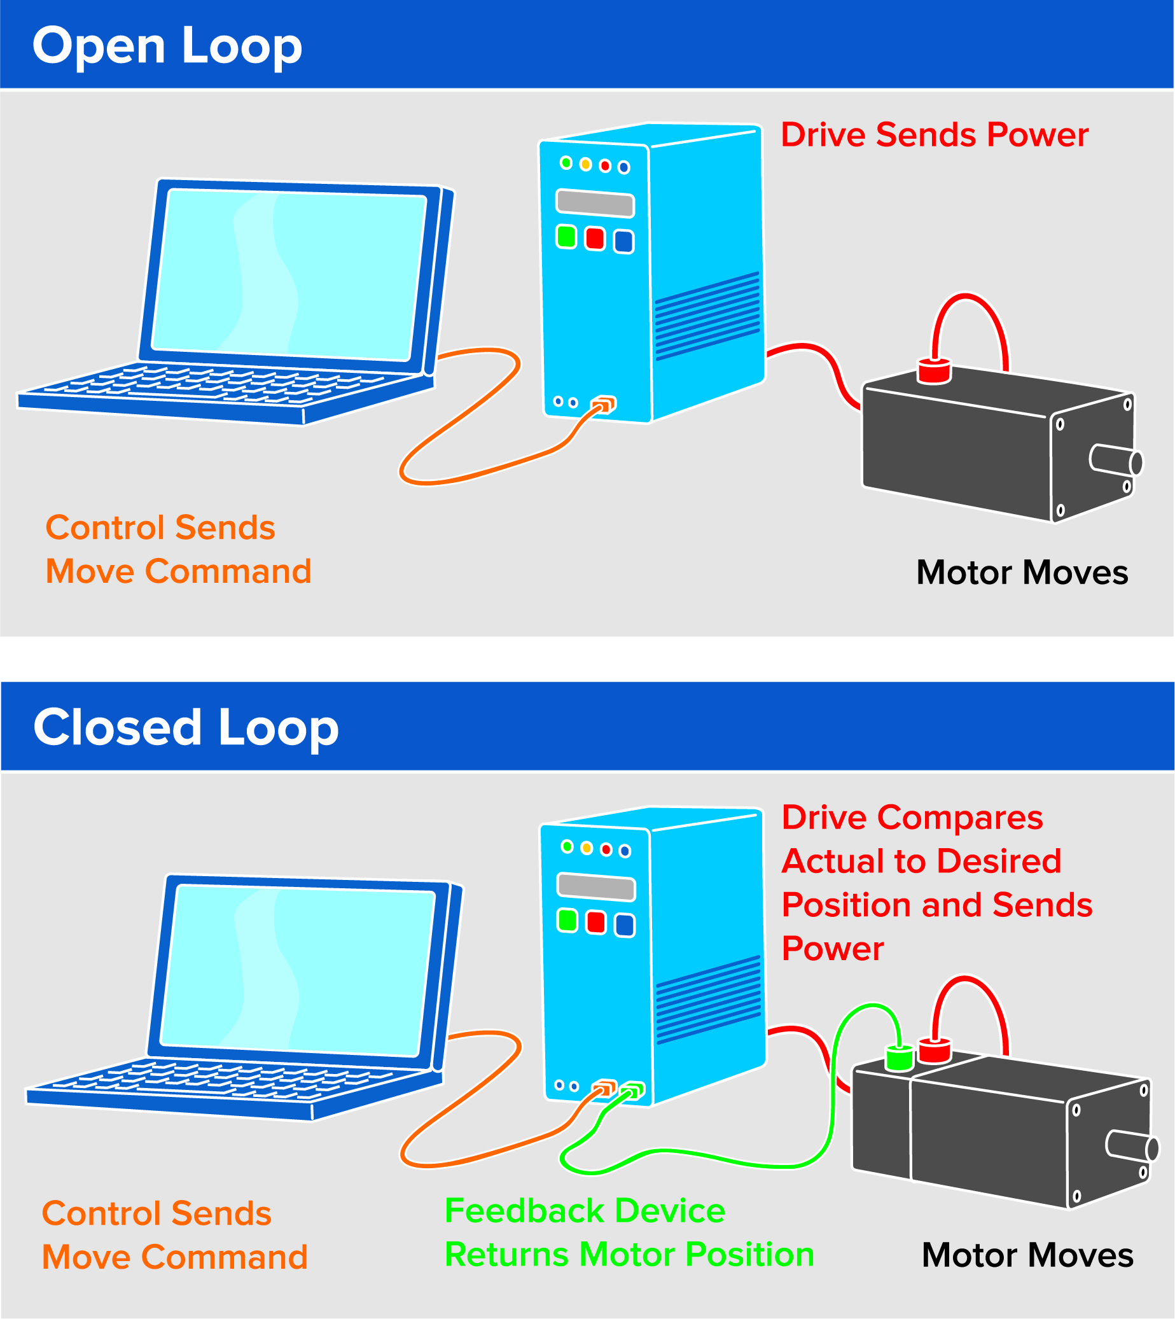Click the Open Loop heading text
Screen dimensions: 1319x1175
[167, 46]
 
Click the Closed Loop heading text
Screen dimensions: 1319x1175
[186, 728]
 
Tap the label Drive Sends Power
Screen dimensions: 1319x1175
[934, 135]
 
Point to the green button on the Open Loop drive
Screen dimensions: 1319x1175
[566, 236]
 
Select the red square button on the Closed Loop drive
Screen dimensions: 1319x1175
[596, 922]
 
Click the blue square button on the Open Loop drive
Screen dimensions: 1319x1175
[623, 241]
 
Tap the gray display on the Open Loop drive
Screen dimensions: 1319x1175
[595, 204]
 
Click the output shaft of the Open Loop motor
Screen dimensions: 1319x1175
[1116, 460]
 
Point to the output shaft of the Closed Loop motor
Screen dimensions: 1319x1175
[1132, 1146]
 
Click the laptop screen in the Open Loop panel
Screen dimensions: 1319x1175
[288, 274]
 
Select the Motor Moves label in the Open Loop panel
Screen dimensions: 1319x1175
[1022, 573]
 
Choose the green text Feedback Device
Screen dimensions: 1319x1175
[584, 1211]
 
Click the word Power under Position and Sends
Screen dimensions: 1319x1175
[832, 949]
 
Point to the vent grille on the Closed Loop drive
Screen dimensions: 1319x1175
[708, 1000]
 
